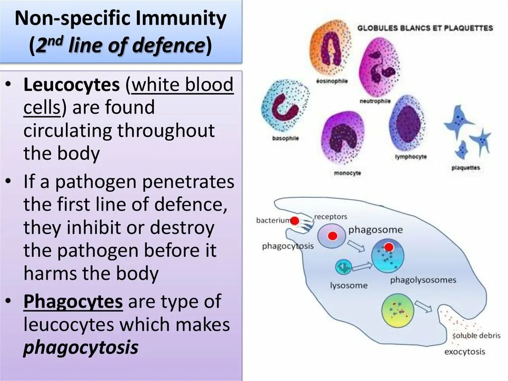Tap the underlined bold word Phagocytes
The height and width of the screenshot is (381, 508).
73,302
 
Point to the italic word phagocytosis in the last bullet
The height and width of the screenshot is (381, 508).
81,348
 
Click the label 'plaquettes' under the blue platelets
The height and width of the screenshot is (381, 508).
465,167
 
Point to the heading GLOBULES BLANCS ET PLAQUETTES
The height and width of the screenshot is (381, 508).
425,28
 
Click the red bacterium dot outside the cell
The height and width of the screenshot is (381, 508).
295,221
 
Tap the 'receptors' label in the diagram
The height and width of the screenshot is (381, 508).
330,217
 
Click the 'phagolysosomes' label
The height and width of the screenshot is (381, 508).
423,280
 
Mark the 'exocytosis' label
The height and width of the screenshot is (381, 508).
465,352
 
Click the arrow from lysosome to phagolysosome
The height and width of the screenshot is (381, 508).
362,267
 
